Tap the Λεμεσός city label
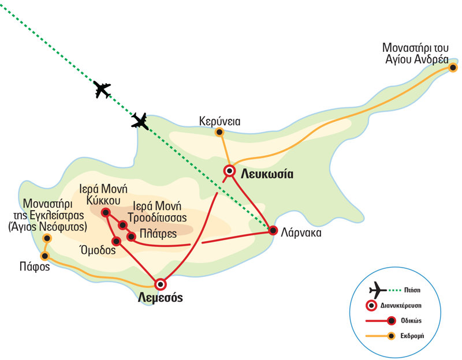(x=161, y=298)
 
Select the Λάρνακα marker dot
(x=273, y=231)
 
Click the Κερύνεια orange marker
(x=219, y=133)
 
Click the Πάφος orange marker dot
(x=45, y=256)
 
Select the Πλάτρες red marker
(x=131, y=236)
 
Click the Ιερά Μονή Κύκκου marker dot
(x=105, y=212)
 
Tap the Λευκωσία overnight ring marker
(x=230, y=170)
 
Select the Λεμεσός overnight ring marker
(x=161, y=284)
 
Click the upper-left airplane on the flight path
(x=102, y=89)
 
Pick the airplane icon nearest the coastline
(x=140, y=121)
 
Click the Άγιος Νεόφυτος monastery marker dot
(x=47, y=238)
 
